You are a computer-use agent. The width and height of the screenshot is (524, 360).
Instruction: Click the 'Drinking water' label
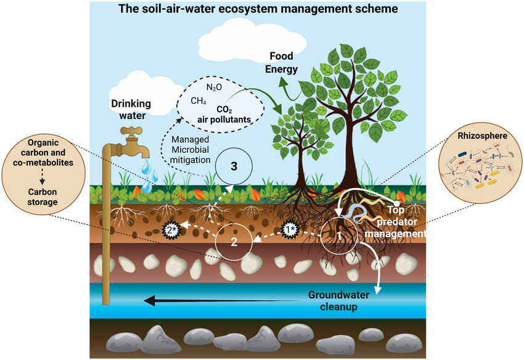point(131,110)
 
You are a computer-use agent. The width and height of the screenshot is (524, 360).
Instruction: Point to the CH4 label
point(199,100)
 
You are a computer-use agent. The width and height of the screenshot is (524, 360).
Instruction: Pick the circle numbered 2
point(234,241)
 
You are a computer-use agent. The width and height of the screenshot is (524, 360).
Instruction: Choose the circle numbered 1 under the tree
point(339,235)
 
